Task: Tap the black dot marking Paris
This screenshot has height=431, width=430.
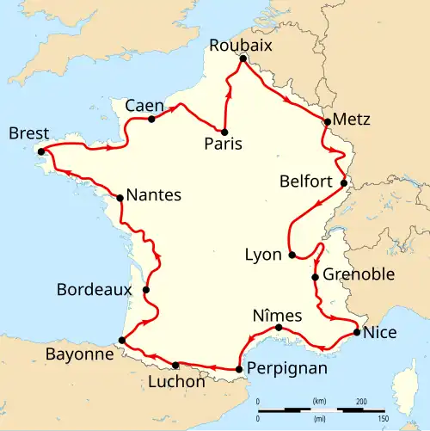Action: click(224, 132)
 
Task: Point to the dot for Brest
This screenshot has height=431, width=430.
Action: click(40, 151)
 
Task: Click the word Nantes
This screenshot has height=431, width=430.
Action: click(154, 195)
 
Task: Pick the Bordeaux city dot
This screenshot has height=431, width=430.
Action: click(146, 290)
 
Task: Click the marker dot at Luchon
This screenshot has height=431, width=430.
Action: click(175, 365)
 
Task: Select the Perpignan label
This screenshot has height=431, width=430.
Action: click(286, 369)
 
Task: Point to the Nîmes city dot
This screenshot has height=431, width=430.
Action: click(279, 328)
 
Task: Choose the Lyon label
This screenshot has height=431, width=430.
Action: click(263, 256)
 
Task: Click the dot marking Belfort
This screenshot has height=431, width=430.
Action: click(344, 182)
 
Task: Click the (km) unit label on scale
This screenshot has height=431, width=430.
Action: click(318, 402)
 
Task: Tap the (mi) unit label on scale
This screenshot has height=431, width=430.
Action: click(318, 417)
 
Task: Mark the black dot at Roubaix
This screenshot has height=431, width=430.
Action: click(243, 59)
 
